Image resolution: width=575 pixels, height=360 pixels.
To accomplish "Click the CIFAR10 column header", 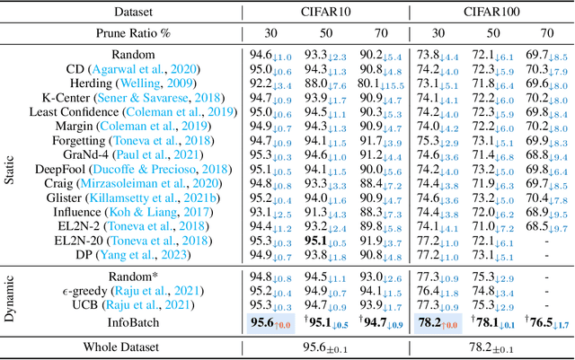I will (x=325, y=13).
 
